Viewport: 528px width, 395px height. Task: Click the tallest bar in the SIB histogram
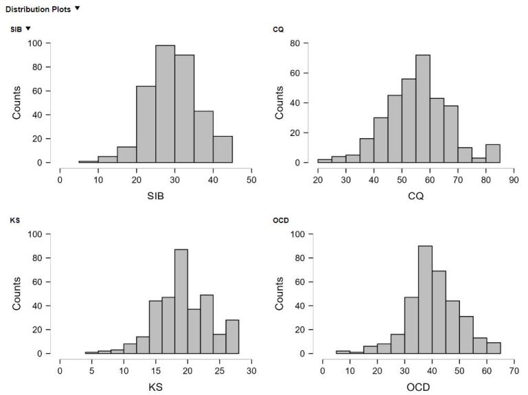pyautogui.click(x=165, y=104)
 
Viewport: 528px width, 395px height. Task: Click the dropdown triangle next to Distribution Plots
pyautogui.click(x=78, y=8)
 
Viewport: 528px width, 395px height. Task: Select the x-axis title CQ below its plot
pyautogui.click(x=416, y=195)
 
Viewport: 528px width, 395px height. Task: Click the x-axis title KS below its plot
pyautogui.click(x=156, y=386)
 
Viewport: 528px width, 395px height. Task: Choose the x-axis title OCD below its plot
pyautogui.click(x=416, y=386)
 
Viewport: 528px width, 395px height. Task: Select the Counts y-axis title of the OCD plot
pyautogui.click(x=280, y=294)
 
